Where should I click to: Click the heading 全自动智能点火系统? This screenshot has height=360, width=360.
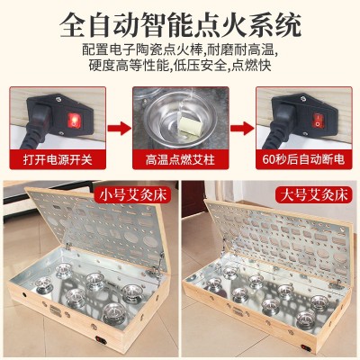180,24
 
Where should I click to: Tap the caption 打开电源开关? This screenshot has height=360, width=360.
58,159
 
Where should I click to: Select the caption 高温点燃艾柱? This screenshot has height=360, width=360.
180,159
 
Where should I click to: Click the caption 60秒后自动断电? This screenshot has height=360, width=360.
303,159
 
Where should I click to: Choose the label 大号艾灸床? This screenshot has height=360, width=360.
314,195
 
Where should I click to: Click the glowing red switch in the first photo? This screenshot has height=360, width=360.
73,119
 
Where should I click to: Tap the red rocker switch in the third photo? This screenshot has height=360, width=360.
318,119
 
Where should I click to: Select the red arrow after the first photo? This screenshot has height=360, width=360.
119,128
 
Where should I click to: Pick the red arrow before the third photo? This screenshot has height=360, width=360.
242,128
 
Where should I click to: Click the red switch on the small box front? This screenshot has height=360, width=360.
101,340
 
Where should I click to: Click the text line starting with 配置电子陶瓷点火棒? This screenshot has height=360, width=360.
179,49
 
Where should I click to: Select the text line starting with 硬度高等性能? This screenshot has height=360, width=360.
180,66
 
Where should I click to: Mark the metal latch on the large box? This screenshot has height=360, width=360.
336,283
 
